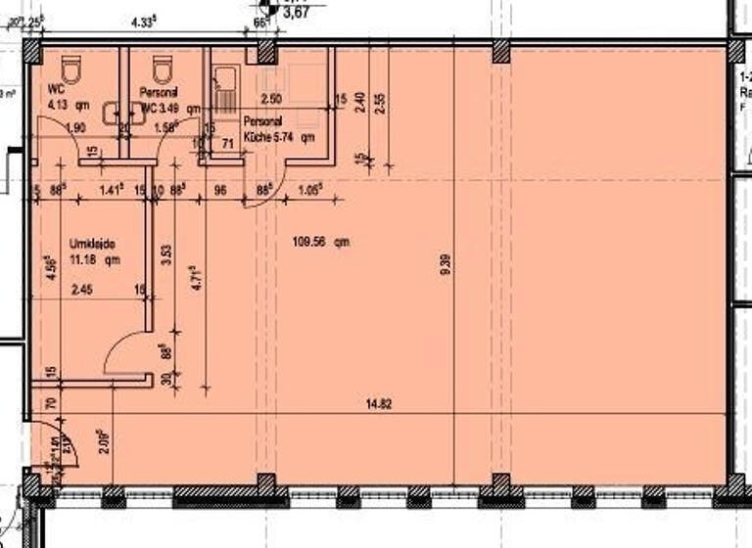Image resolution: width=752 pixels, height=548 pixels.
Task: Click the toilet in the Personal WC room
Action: (x=164, y=69)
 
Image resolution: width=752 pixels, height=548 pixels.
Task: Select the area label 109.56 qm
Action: (x=321, y=241)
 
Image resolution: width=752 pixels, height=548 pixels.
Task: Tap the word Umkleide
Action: (x=87, y=242)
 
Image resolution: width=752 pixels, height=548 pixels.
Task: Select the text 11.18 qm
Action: (x=92, y=259)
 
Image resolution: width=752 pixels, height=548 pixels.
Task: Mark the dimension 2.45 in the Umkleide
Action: (x=79, y=290)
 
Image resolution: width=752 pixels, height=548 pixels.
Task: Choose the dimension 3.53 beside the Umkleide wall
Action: (x=166, y=255)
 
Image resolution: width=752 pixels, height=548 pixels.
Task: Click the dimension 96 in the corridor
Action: (x=220, y=191)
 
